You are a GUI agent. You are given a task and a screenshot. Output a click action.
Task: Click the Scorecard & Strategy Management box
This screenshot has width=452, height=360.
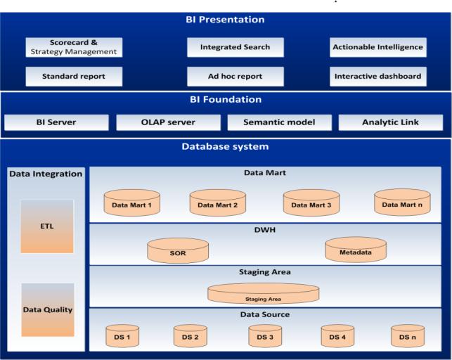pos(74,47)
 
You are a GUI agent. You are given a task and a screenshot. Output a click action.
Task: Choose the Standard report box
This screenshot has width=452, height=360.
pos(74,76)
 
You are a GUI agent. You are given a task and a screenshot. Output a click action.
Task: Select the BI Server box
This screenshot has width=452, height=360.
pos(56,122)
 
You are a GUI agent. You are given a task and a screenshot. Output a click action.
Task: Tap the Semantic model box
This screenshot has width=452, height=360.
pos(279,122)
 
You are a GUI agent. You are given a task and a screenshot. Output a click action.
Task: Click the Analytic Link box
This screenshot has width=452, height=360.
pos(391,122)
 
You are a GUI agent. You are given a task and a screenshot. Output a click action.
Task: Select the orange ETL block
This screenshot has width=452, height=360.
pos(47,226)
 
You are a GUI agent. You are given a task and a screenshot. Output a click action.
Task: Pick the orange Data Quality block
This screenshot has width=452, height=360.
pos(47,309)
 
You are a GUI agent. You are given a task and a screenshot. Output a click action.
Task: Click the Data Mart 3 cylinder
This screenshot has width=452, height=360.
pos(311,203)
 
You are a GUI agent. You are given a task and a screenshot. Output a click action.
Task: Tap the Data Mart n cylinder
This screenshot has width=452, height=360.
pos(402,202)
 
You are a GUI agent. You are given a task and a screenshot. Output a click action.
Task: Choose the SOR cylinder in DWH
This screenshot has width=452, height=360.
pos(178,251)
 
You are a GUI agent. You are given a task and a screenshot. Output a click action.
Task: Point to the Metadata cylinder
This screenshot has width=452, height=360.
pos(356,250)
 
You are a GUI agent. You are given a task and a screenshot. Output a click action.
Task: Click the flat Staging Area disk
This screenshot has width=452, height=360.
pos(264,293)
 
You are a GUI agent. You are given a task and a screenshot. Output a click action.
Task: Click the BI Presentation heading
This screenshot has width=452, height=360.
pos(226,20)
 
